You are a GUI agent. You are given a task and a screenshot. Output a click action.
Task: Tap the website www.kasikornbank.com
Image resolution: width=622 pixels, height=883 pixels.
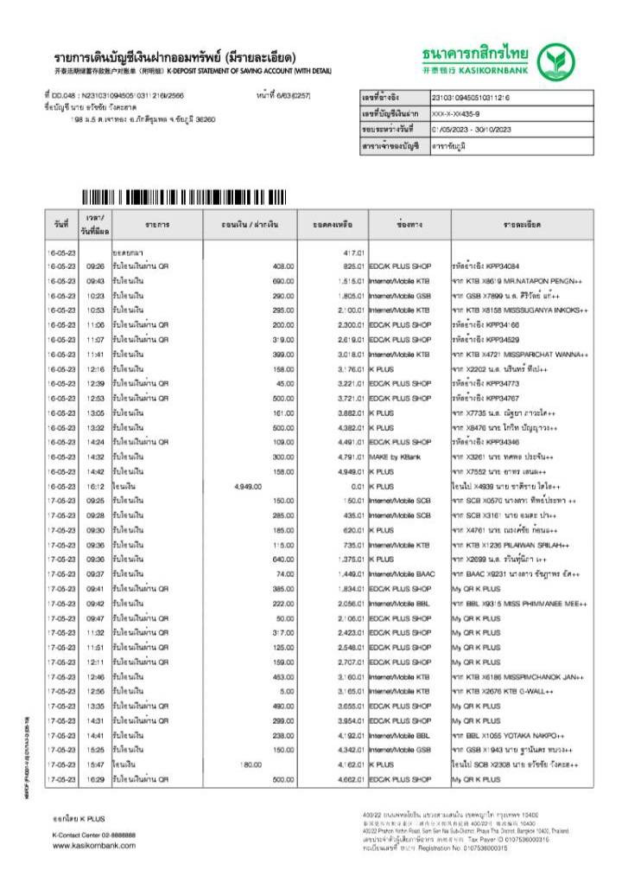point(94,845)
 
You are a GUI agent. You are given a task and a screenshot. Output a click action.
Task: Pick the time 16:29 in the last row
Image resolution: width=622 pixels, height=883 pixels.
point(96,779)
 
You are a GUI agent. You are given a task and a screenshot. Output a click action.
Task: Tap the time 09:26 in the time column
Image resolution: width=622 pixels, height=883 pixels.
point(96,266)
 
